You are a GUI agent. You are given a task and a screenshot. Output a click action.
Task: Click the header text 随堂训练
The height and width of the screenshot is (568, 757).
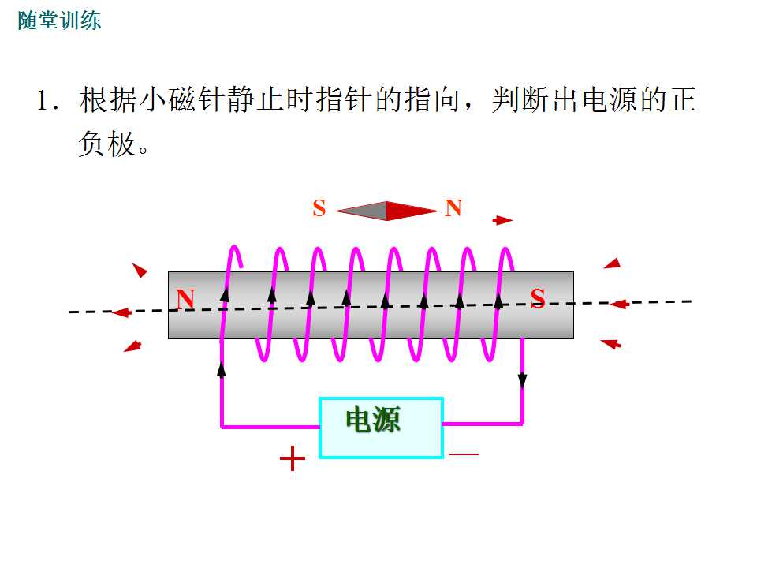59,21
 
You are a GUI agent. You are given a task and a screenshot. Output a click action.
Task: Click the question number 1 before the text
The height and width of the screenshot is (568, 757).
43,100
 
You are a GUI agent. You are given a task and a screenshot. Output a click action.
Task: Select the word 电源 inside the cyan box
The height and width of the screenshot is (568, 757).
373,419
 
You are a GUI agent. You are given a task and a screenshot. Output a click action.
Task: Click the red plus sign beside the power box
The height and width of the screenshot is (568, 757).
292,458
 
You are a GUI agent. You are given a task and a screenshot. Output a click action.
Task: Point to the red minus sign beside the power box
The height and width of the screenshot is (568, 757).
464,454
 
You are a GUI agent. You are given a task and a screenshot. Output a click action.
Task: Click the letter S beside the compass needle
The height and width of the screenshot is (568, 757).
319,208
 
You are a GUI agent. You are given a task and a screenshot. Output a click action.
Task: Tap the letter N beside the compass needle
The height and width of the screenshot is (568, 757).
453,207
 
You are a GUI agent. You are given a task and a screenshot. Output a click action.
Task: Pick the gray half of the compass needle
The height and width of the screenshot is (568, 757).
361,211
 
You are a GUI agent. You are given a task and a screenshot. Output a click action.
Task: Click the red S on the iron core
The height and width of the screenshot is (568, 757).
537,297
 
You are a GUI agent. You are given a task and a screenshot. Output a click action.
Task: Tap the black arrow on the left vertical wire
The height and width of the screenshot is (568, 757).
221,369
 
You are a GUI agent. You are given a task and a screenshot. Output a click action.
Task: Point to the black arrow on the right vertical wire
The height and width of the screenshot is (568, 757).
522,380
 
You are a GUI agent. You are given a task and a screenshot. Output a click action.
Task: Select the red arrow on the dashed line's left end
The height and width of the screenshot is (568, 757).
121,312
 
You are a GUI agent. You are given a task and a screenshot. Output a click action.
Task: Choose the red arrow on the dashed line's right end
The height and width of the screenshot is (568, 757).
619,304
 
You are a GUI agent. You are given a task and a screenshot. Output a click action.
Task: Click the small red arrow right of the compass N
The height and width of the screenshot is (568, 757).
502,220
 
